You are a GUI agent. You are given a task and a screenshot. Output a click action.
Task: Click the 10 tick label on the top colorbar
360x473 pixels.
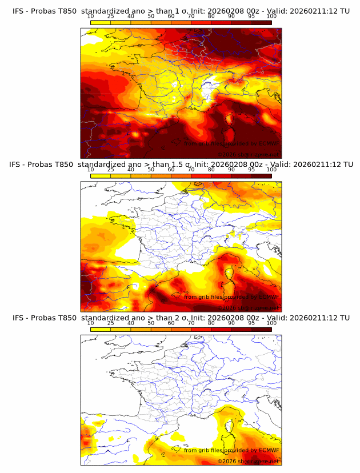[x=90, y=17]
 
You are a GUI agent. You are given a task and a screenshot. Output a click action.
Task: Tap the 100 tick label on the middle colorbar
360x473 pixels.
[x=271, y=170]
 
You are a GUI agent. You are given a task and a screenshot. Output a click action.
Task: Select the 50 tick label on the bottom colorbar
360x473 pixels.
[x=151, y=323]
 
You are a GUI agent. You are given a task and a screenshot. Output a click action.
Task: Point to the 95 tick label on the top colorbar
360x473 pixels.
[x=251, y=17]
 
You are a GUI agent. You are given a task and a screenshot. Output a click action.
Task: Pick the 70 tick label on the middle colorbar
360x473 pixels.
[x=191, y=170]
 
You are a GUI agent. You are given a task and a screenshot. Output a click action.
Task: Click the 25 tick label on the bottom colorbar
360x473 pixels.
[x=110, y=323]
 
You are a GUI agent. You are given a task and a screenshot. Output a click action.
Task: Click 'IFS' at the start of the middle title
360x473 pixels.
[x=17, y=165]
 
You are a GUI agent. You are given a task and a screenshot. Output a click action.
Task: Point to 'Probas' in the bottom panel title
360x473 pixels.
[x=41, y=318]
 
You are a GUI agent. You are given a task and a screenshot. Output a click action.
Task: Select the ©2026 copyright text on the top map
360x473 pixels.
[x=227, y=154]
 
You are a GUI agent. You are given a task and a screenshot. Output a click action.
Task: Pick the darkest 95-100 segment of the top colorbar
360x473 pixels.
[x=261, y=22]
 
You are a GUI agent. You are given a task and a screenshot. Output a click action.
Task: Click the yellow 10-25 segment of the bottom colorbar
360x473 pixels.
[x=101, y=328]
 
